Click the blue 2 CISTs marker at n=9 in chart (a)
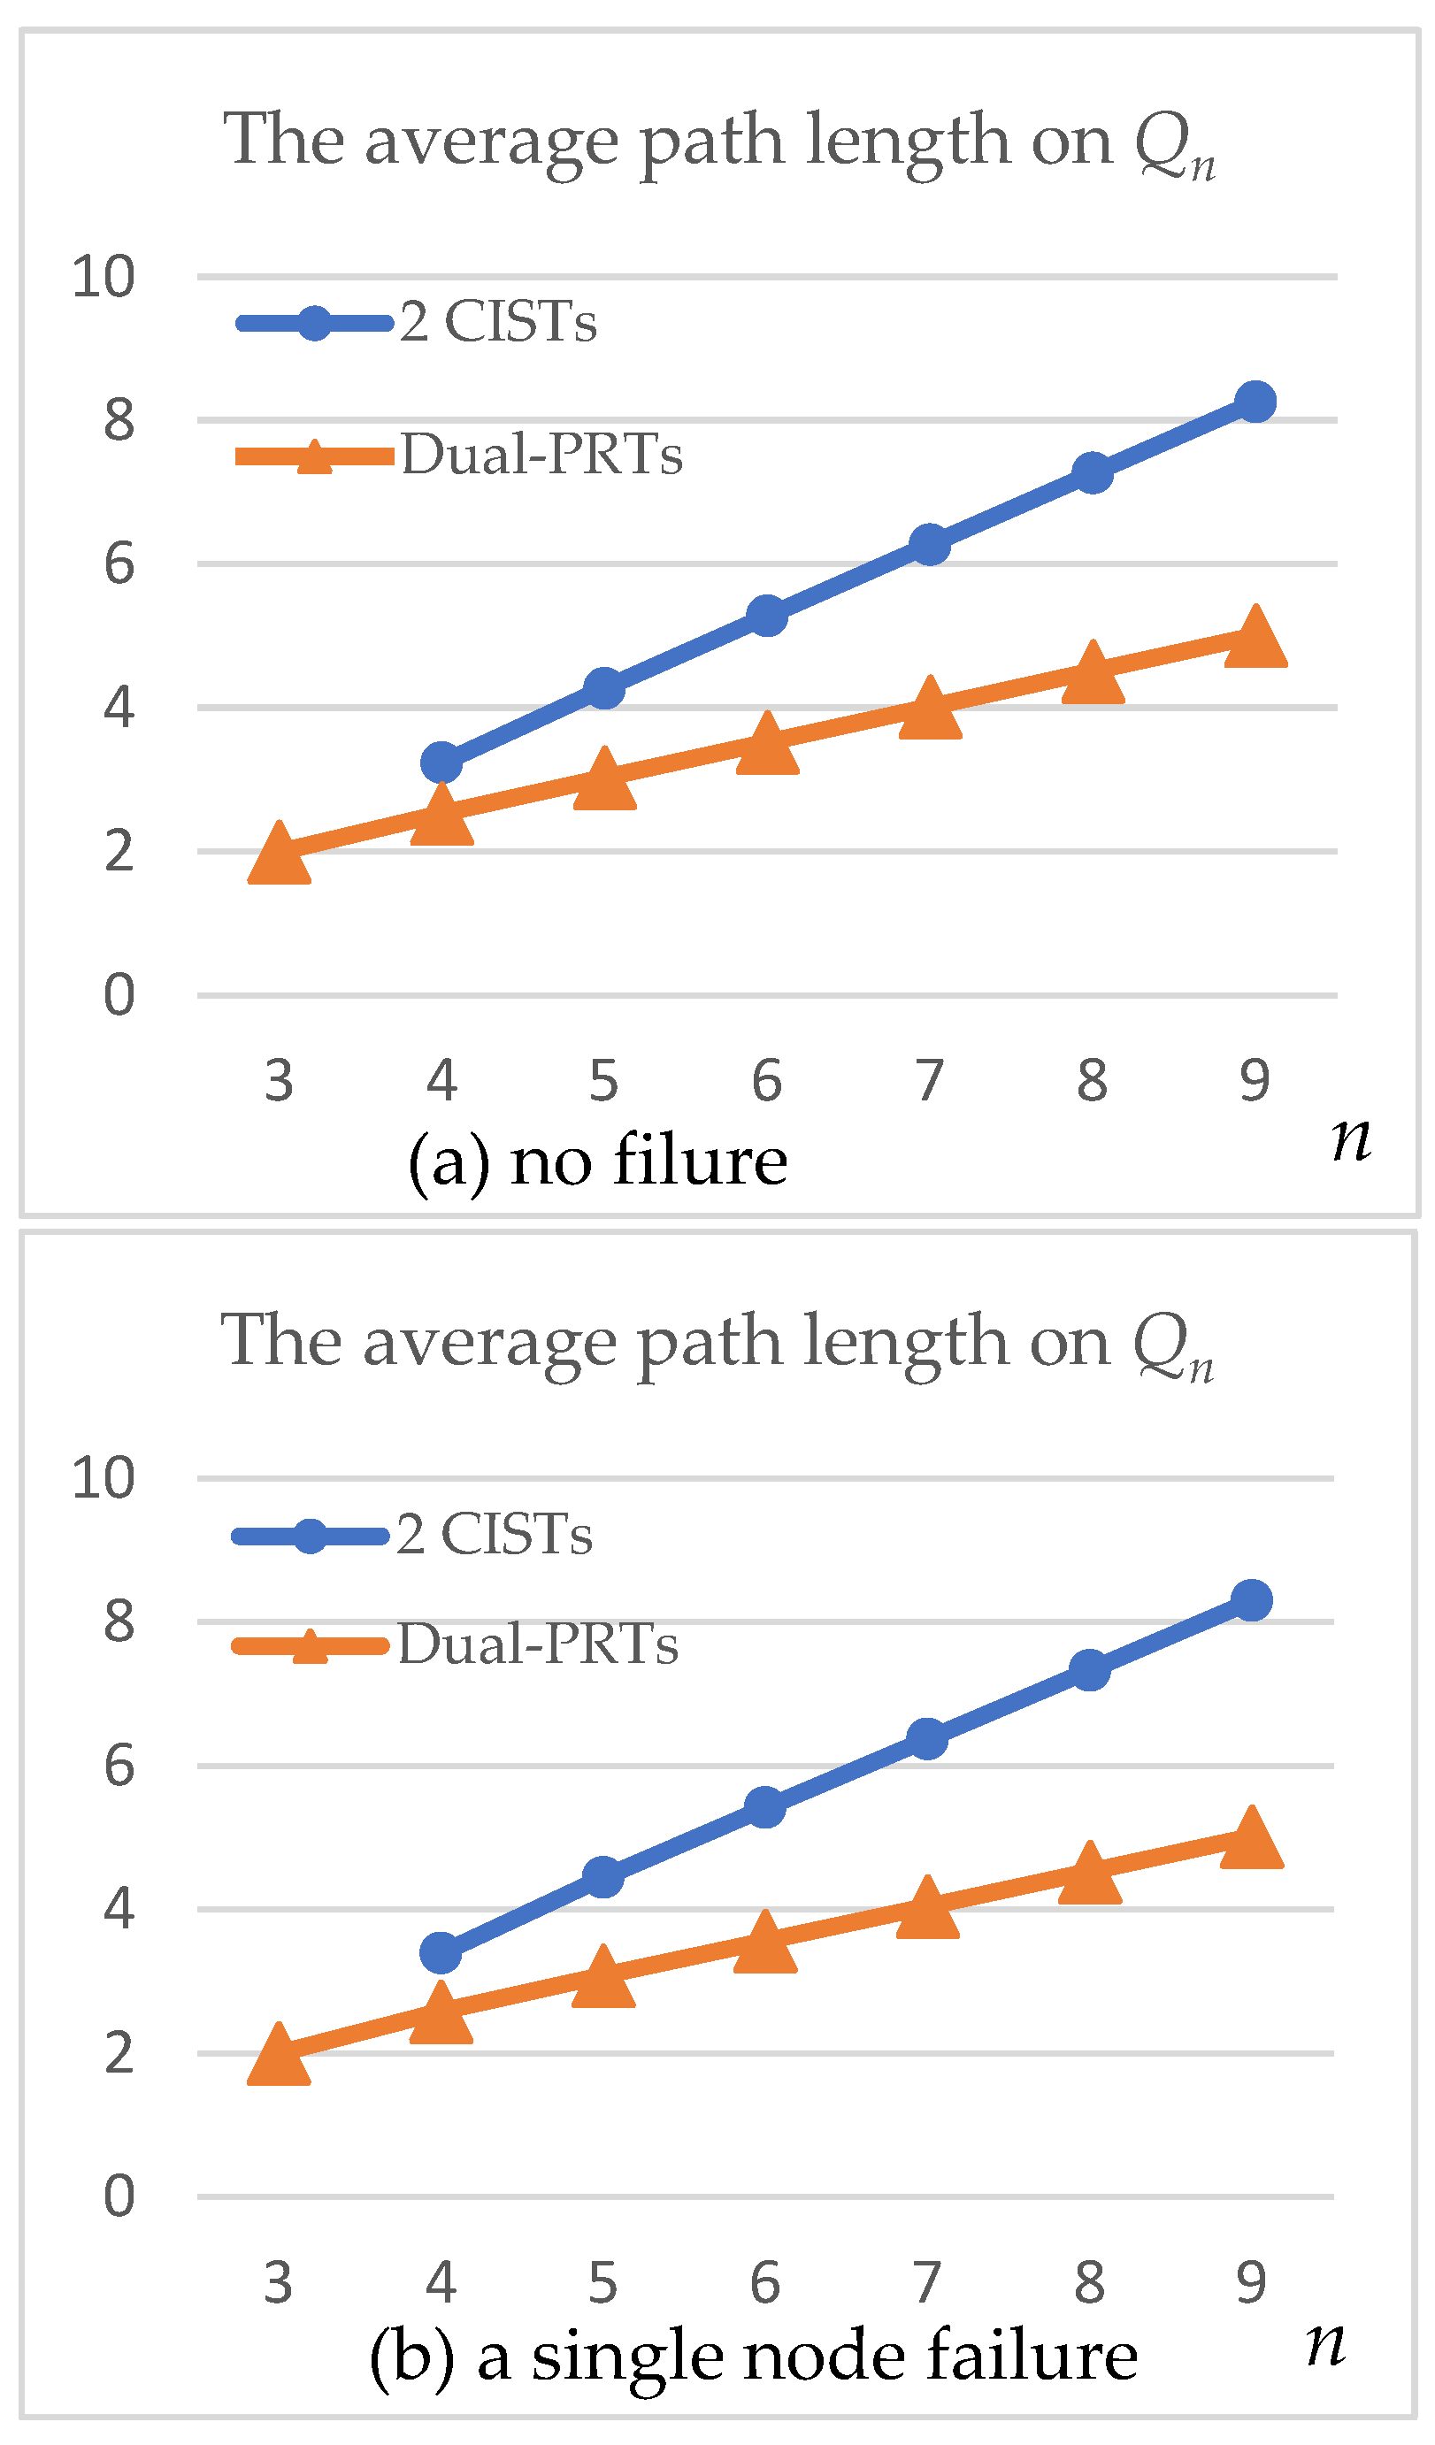click(x=1255, y=402)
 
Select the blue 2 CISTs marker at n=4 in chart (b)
click(x=441, y=1952)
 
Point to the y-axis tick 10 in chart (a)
click(x=103, y=278)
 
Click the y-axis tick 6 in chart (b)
click(x=119, y=1765)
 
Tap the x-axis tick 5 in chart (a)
click(x=603, y=1080)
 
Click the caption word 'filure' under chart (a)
click(x=700, y=1161)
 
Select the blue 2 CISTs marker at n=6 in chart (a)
click(x=767, y=616)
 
